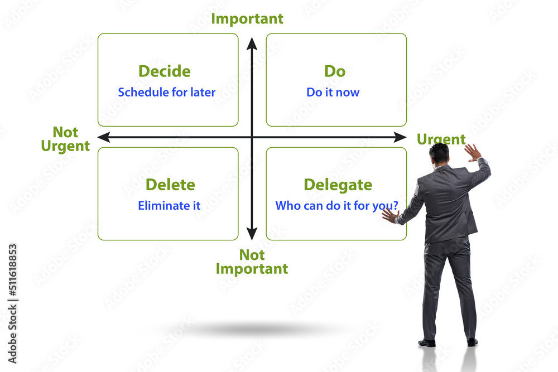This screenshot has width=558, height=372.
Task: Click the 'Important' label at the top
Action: [x=247, y=18]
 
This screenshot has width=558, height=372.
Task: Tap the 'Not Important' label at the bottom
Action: [x=252, y=262]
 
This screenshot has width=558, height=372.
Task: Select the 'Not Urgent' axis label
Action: [x=65, y=139]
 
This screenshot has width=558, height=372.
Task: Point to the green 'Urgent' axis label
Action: [x=441, y=139]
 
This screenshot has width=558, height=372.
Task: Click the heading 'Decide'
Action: [x=164, y=71]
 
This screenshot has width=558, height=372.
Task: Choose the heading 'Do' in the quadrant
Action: [x=335, y=71]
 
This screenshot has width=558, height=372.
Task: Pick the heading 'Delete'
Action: [x=170, y=185]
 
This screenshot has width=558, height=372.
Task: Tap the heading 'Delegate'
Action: [x=338, y=185]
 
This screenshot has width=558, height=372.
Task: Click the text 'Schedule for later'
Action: [x=166, y=92]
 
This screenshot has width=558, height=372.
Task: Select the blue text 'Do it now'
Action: [x=333, y=92]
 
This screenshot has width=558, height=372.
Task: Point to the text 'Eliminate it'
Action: [x=169, y=205]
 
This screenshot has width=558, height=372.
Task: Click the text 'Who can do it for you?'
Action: [x=336, y=205]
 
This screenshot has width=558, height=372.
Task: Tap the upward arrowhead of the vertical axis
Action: [x=252, y=42]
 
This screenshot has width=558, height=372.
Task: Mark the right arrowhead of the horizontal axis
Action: [x=401, y=137]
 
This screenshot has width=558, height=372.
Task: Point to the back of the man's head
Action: [x=439, y=153]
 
